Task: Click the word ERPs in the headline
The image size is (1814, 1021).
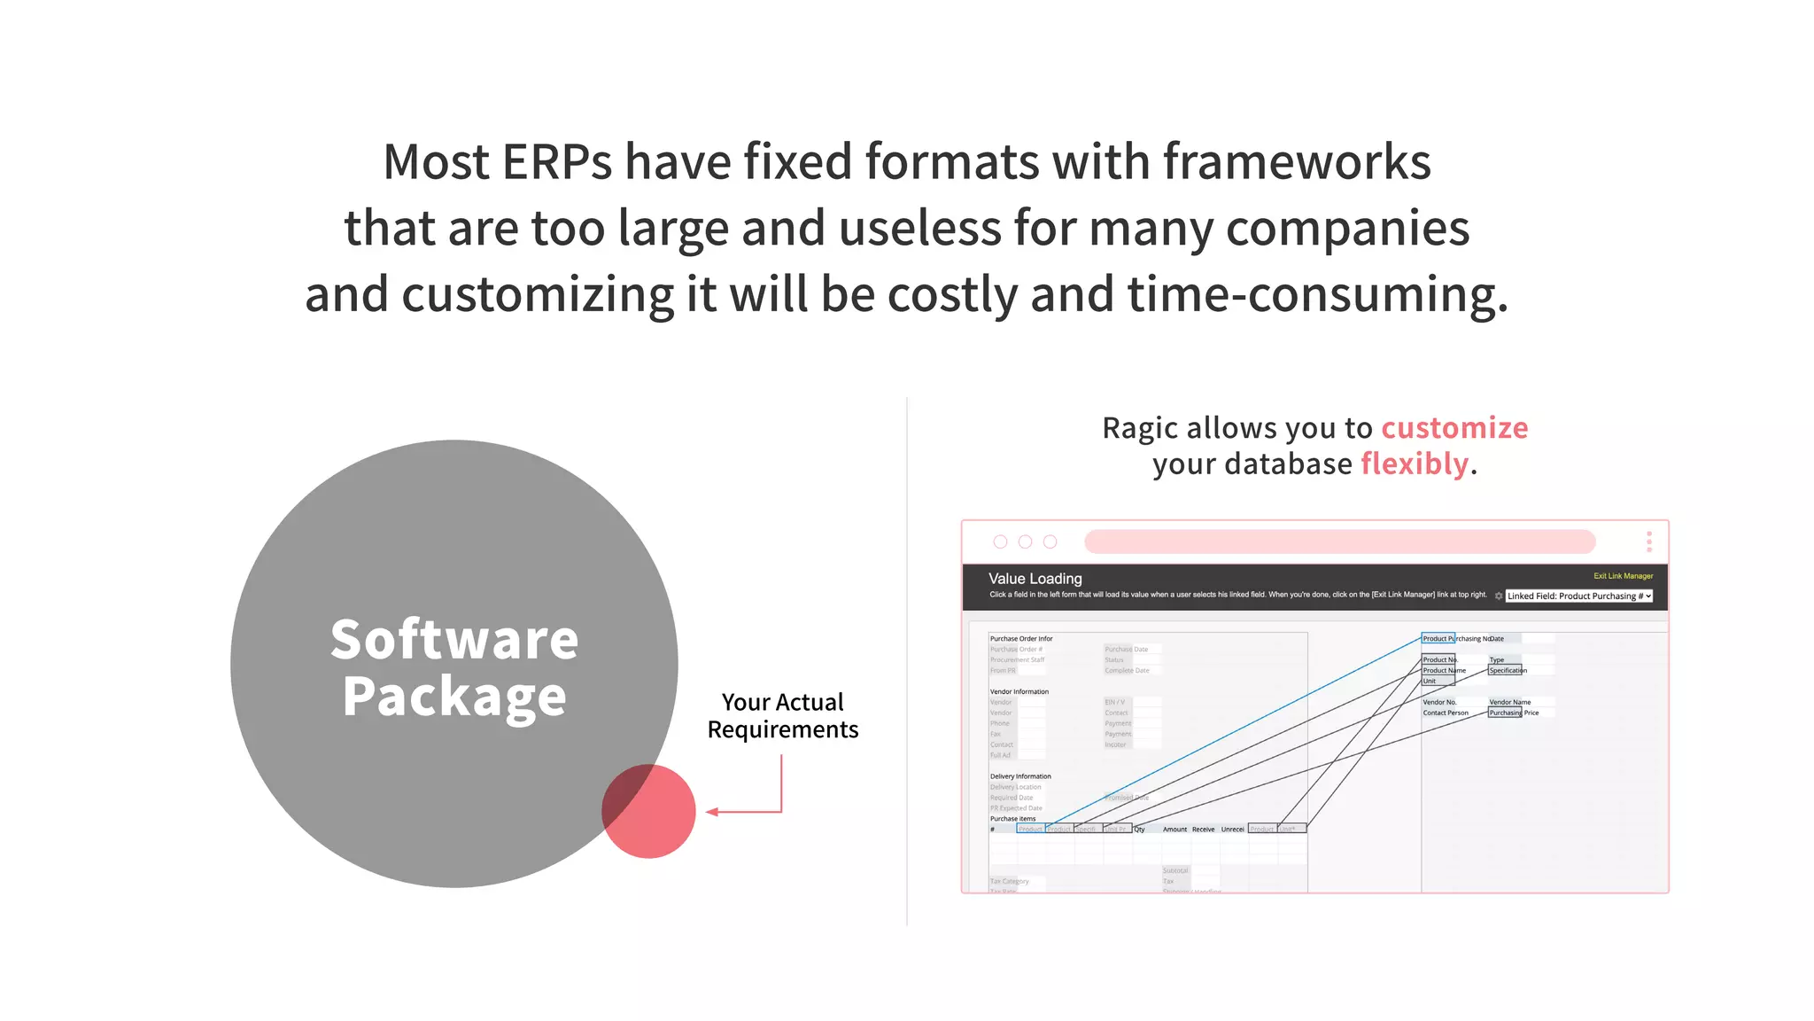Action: [x=556, y=162]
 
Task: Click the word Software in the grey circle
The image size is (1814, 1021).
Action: [x=454, y=639]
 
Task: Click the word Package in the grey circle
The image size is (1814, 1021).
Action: [x=454, y=697]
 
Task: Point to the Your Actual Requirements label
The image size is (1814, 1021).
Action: [x=782, y=715]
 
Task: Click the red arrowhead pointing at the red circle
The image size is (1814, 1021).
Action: [x=712, y=811]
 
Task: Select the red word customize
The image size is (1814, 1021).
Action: [x=1454, y=428]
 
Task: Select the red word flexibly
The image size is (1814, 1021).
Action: [x=1415, y=464]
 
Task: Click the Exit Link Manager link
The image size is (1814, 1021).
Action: [x=1623, y=576]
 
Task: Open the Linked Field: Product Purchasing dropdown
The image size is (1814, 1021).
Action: [x=1579, y=596]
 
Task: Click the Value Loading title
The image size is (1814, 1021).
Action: [x=1035, y=579]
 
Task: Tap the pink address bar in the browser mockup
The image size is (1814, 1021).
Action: [x=1339, y=542]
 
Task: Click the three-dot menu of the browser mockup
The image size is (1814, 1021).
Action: [x=1648, y=542]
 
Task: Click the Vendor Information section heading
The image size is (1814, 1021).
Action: [x=1019, y=691]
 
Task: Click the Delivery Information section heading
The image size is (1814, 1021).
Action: [x=1020, y=776]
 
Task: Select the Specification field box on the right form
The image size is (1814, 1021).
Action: [x=1505, y=670]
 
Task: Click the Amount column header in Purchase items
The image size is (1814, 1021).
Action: [x=1174, y=830]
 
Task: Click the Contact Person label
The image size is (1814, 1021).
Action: [x=1445, y=713]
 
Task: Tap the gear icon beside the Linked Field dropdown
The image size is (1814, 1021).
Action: [x=1498, y=596]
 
